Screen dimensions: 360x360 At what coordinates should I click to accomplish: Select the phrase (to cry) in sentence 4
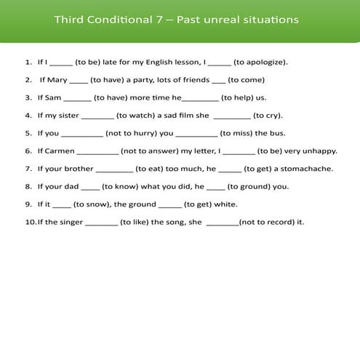[268, 115]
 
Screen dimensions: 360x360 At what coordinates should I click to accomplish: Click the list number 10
[29, 222]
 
